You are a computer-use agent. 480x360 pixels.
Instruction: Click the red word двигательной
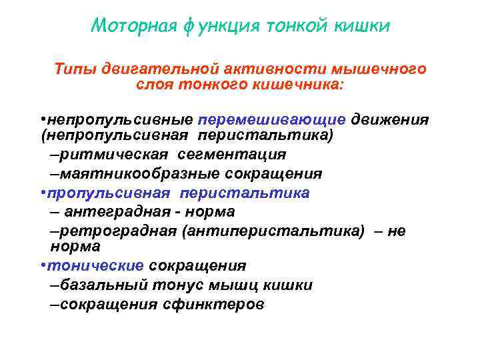point(158,69)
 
